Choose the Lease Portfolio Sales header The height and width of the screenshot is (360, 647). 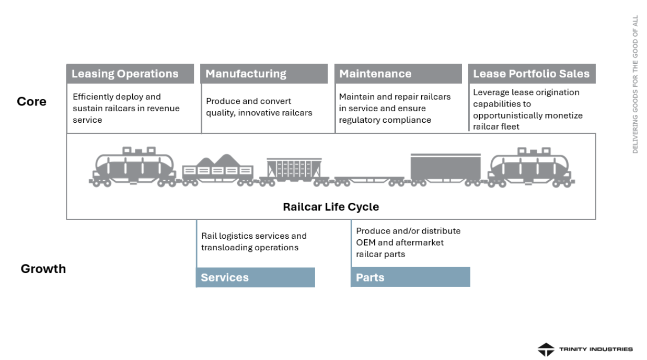tap(532, 74)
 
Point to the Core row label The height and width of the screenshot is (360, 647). tap(32, 101)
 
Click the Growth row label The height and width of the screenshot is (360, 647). tap(43, 269)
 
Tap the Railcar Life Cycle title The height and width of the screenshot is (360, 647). tap(331, 207)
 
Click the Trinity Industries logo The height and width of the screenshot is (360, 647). tap(585, 349)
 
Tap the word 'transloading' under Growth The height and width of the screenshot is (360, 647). tap(226, 248)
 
